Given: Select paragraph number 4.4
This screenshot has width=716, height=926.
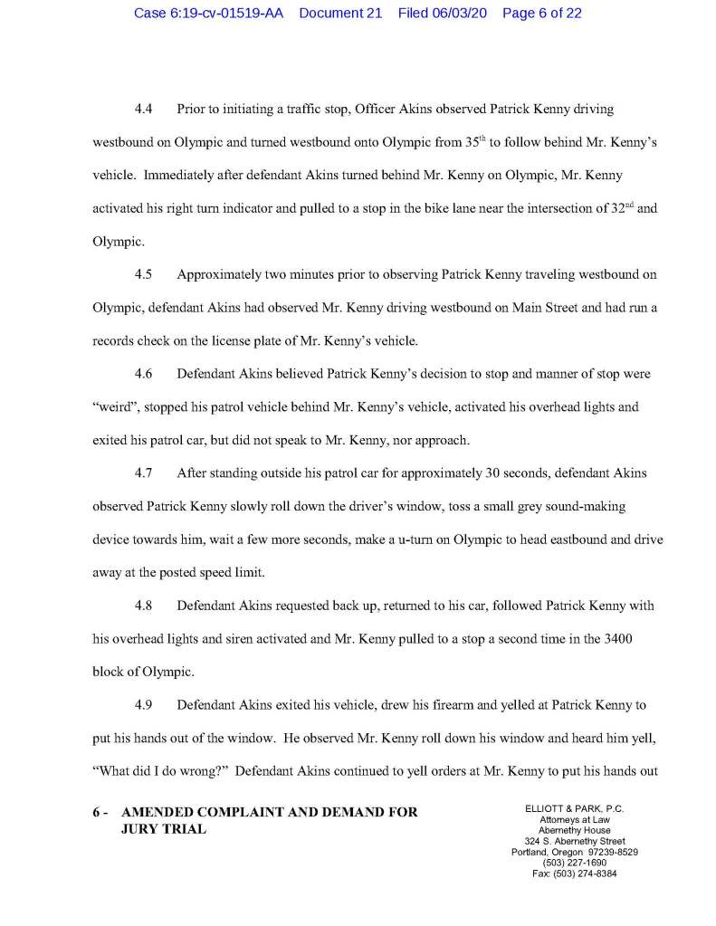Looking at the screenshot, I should [143, 110].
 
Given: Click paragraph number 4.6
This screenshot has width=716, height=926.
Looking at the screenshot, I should [143, 374].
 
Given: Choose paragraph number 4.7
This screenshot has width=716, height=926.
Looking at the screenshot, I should [143, 473].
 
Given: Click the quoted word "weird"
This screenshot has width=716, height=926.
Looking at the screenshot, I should [119, 407].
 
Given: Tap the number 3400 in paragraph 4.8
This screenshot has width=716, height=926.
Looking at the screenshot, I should [614, 637].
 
